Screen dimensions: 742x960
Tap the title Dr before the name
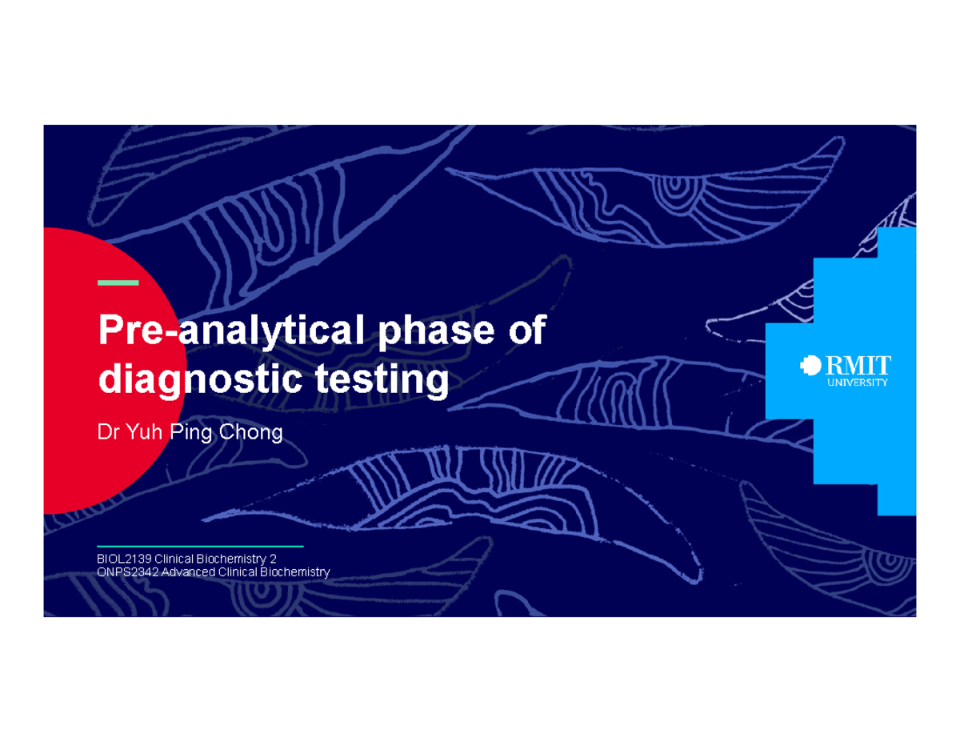coord(107,434)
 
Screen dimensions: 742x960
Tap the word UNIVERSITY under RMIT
coord(857,383)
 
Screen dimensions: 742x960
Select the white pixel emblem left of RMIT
coord(810,366)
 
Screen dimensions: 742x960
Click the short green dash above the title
coord(118,283)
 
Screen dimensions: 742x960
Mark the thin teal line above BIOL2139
coord(200,546)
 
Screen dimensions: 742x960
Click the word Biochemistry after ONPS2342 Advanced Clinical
coord(293,572)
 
